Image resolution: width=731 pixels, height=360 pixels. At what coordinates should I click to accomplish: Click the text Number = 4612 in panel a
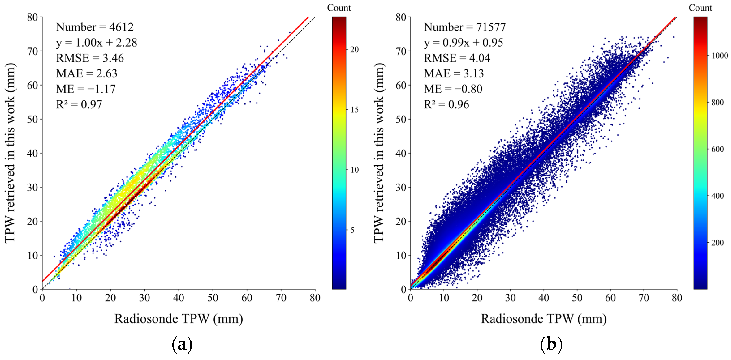click(x=95, y=27)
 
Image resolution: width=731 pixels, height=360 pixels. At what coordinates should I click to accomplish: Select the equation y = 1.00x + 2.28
click(x=97, y=43)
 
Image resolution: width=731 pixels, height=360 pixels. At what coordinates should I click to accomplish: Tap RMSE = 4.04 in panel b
click(x=457, y=58)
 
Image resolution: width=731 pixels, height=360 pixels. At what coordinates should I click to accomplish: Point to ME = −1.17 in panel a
click(x=86, y=89)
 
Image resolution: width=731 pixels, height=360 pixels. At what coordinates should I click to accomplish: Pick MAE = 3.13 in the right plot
click(x=453, y=74)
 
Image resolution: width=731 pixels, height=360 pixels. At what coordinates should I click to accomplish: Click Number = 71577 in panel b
click(x=465, y=27)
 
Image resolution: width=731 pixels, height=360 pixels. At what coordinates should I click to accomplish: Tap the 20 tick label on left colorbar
click(x=354, y=50)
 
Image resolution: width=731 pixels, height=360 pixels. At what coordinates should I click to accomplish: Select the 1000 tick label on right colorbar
click(x=719, y=56)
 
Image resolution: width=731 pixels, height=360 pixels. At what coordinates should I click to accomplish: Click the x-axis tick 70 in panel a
click(x=281, y=298)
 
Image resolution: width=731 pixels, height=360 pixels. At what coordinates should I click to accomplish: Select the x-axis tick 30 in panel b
click(x=510, y=298)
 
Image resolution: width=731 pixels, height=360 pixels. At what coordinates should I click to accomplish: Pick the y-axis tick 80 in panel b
click(x=401, y=17)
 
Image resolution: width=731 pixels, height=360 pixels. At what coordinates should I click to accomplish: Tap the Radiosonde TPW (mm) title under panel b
click(x=543, y=319)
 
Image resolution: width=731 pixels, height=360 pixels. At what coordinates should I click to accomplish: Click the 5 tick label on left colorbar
click(x=352, y=230)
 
